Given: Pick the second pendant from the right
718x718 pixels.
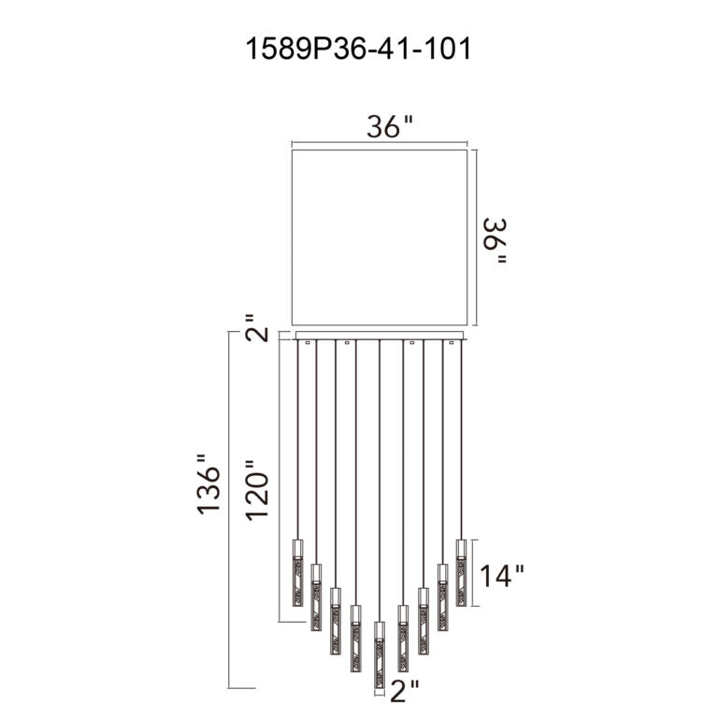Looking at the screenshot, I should [x=442, y=595].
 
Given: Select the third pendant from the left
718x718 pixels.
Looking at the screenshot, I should [x=335, y=620].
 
